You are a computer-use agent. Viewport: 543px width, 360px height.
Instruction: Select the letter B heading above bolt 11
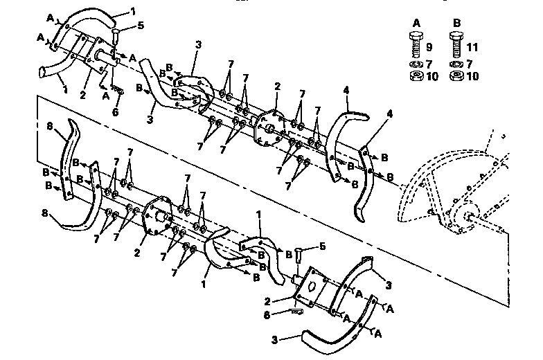456,21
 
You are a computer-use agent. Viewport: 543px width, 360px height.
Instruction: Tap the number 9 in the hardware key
429,48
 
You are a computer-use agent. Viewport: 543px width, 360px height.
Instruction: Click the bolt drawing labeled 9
416,44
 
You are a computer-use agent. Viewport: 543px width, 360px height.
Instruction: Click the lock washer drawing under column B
456,64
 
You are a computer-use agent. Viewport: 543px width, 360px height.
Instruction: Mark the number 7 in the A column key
429,64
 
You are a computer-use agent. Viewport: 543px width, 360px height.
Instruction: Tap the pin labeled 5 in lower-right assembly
299,258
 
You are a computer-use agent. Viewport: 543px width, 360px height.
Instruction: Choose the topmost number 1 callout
133,12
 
